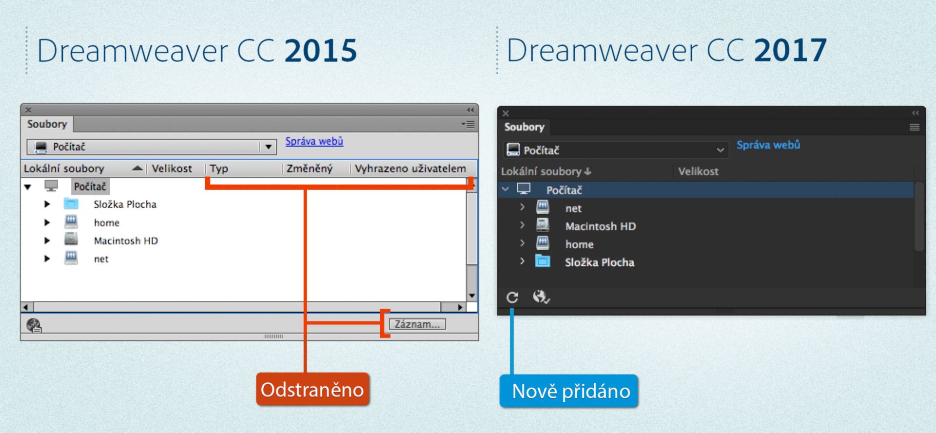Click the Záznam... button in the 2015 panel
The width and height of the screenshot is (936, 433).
click(x=417, y=324)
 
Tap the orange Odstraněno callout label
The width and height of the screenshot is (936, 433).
click(x=312, y=390)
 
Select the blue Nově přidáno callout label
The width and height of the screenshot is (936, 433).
click(x=569, y=391)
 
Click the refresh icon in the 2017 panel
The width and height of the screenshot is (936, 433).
click(x=512, y=297)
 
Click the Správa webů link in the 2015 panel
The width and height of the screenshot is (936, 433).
click(x=314, y=141)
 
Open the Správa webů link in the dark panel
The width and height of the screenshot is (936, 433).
click(x=768, y=145)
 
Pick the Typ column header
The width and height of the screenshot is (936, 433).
click(x=219, y=169)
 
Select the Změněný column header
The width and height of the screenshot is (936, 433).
click(x=309, y=169)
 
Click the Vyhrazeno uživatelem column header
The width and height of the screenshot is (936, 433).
click(x=410, y=169)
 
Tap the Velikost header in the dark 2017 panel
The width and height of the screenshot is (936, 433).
click(x=698, y=172)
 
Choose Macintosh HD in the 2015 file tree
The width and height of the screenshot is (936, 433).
click(x=126, y=241)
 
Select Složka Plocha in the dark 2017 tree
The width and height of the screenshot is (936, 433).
click(x=599, y=263)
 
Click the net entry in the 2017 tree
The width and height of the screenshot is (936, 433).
click(x=573, y=209)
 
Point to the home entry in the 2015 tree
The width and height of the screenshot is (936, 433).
click(x=107, y=223)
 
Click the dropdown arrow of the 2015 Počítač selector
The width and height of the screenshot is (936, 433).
click(x=268, y=147)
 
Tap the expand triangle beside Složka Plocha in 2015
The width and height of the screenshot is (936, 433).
click(x=47, y=204)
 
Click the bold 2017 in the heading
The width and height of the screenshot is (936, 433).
click(x=790, y=51)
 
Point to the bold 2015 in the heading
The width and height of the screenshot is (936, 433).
click(x=321, y=51)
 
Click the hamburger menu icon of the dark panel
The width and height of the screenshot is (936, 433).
click(x=914, y=127)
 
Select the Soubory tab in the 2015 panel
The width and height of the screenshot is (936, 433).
click(x=47, y=124)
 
